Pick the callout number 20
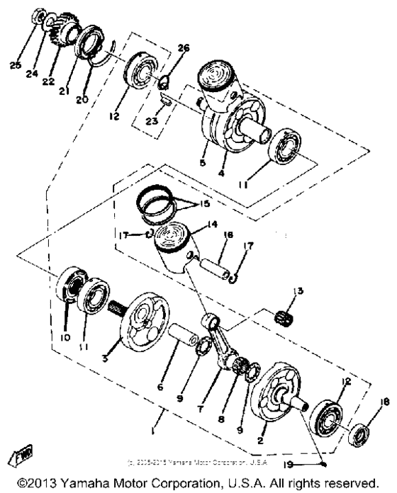pos(84,98)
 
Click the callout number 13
pos(296,291)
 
